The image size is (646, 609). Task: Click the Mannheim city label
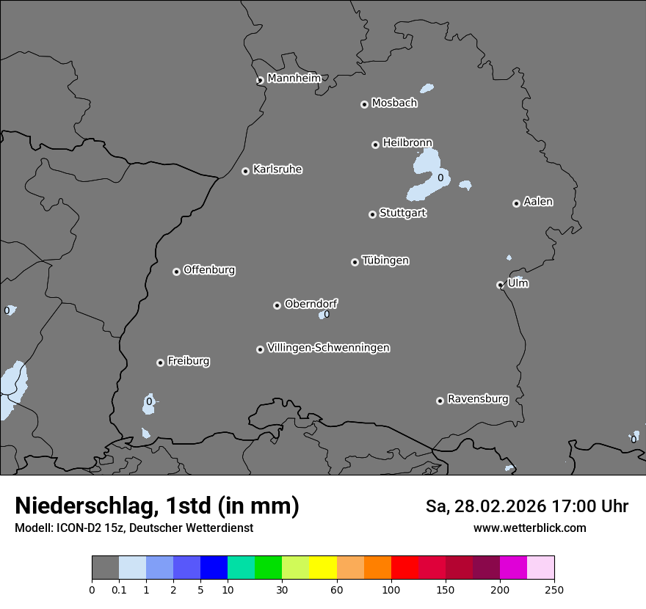[294, 79]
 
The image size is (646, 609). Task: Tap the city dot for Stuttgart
[372, 214]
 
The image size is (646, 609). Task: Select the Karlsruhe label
[277, 169]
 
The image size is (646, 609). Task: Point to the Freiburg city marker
[160, 362]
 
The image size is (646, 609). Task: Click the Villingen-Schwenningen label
[328, 348]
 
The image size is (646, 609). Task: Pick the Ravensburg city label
[478, 399]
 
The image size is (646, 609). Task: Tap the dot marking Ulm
[500, 285]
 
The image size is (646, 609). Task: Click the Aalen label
[538, 202]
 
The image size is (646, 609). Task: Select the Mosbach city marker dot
[364, 104]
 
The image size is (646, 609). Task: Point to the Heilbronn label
[407, 142]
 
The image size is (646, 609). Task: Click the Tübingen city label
[385, 260]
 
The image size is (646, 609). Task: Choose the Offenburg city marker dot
[176, 271]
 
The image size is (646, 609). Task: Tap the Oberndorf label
[311, 304]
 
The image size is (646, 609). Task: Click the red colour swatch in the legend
[404, 568]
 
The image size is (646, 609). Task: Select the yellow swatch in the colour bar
[323, 568]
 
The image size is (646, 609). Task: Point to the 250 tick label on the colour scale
[554, 590]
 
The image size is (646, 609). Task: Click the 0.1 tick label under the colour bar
[119, 590]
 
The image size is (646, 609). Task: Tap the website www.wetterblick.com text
[529, 528]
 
